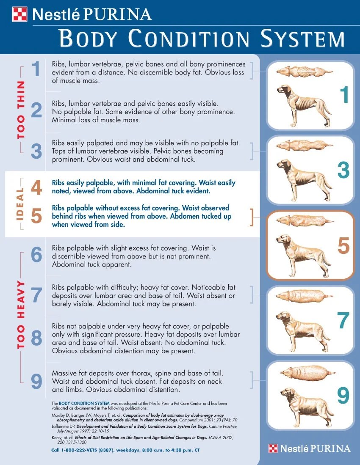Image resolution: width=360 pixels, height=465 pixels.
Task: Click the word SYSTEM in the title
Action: point(302,39)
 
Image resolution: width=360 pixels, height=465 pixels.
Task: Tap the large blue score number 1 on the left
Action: point(37,69)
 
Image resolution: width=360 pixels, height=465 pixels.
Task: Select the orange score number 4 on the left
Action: point(36,188)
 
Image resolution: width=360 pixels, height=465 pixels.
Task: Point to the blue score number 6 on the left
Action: point(36,255)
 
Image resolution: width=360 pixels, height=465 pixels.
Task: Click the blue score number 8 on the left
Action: point(36,339)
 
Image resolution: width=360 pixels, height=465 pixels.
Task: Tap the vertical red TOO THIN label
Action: point(21,110)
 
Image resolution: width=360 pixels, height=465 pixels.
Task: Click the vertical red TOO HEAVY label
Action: point(21,315)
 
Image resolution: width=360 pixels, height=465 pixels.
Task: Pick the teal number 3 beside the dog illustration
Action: point(343,170)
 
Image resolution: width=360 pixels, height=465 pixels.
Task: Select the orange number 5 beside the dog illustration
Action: point(343,246)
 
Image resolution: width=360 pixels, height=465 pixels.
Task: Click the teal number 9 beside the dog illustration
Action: point(343,396)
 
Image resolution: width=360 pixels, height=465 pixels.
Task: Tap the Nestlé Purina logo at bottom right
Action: point(310,448)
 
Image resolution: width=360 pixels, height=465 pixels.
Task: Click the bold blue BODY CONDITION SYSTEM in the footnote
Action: point(84,403)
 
